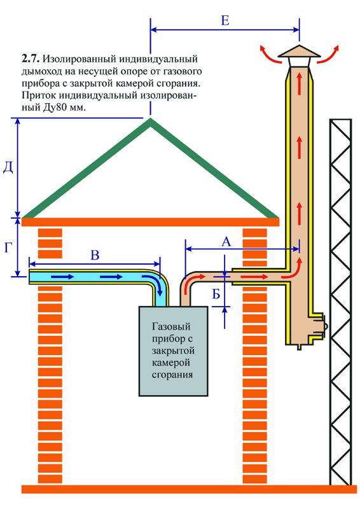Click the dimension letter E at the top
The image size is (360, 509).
pos(225,21)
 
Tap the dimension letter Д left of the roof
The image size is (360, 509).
pos(8,168)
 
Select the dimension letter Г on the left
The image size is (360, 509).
pos(9,248)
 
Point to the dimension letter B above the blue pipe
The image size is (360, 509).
pos(95,255)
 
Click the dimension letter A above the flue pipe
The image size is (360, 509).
pos(226,242)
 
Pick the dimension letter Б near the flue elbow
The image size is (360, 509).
pos(216,294)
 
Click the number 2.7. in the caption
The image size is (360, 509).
pos(31,59)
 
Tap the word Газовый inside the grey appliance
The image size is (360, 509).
pos(171,326)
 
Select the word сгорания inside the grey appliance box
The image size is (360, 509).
pos(172,375)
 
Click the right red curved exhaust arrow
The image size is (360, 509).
pos(329,53)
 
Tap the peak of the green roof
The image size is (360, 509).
pos(150,119)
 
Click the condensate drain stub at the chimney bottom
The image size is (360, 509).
pos(300,347)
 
